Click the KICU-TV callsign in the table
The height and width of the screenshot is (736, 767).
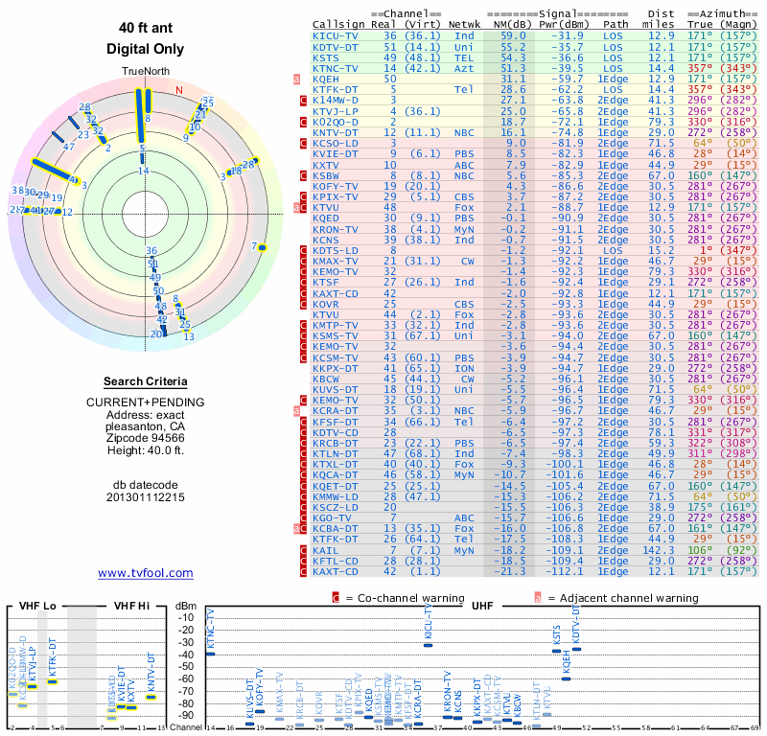pyautogui.click(x=335, y=35)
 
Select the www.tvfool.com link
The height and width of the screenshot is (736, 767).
pyautogui.click(x=145, y=573)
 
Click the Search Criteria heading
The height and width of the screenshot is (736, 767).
pyautogui.click(x=145, y=380)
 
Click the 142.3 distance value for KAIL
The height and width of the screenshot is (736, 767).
pyautogui.click(x=662, y=551)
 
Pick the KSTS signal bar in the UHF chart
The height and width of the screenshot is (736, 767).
pyautogui.click(x=556, y=651)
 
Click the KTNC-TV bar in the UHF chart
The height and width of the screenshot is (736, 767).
pyautogui.click(x=210, y=654)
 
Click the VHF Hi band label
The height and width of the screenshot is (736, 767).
pyautogui.click(x=133, y=607)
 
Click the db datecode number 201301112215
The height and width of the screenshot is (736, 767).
pyautogui.click(x=145, y=497)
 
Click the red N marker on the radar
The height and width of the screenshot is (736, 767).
pyautogui.click(x=178, y=90)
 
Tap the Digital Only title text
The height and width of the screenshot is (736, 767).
pyautogui.click(x=145, y=49)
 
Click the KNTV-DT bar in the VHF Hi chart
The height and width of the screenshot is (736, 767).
pyautogui.click(x=151, y=696)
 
